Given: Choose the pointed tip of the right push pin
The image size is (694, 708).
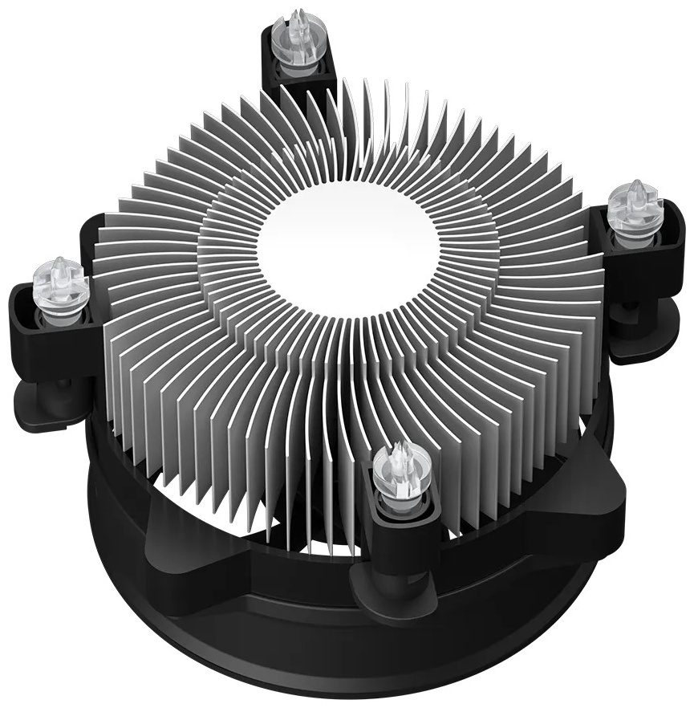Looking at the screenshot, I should tap(636, 186).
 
